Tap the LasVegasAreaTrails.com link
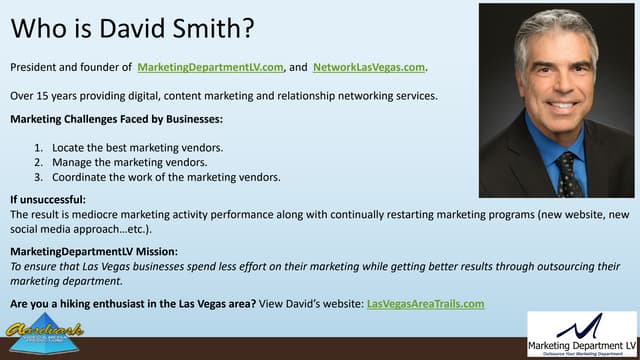coord(426,303)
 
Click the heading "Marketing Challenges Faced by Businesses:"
coord(116,120)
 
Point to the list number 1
coord(38,147)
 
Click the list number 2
coord(38,162)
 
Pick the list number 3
coord(38,178)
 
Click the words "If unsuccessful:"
coord(48,200)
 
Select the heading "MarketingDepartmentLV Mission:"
coord(94,252)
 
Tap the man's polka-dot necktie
coord(568,175)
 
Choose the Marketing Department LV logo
coord(580,334)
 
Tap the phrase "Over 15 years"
coord(45,96)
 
